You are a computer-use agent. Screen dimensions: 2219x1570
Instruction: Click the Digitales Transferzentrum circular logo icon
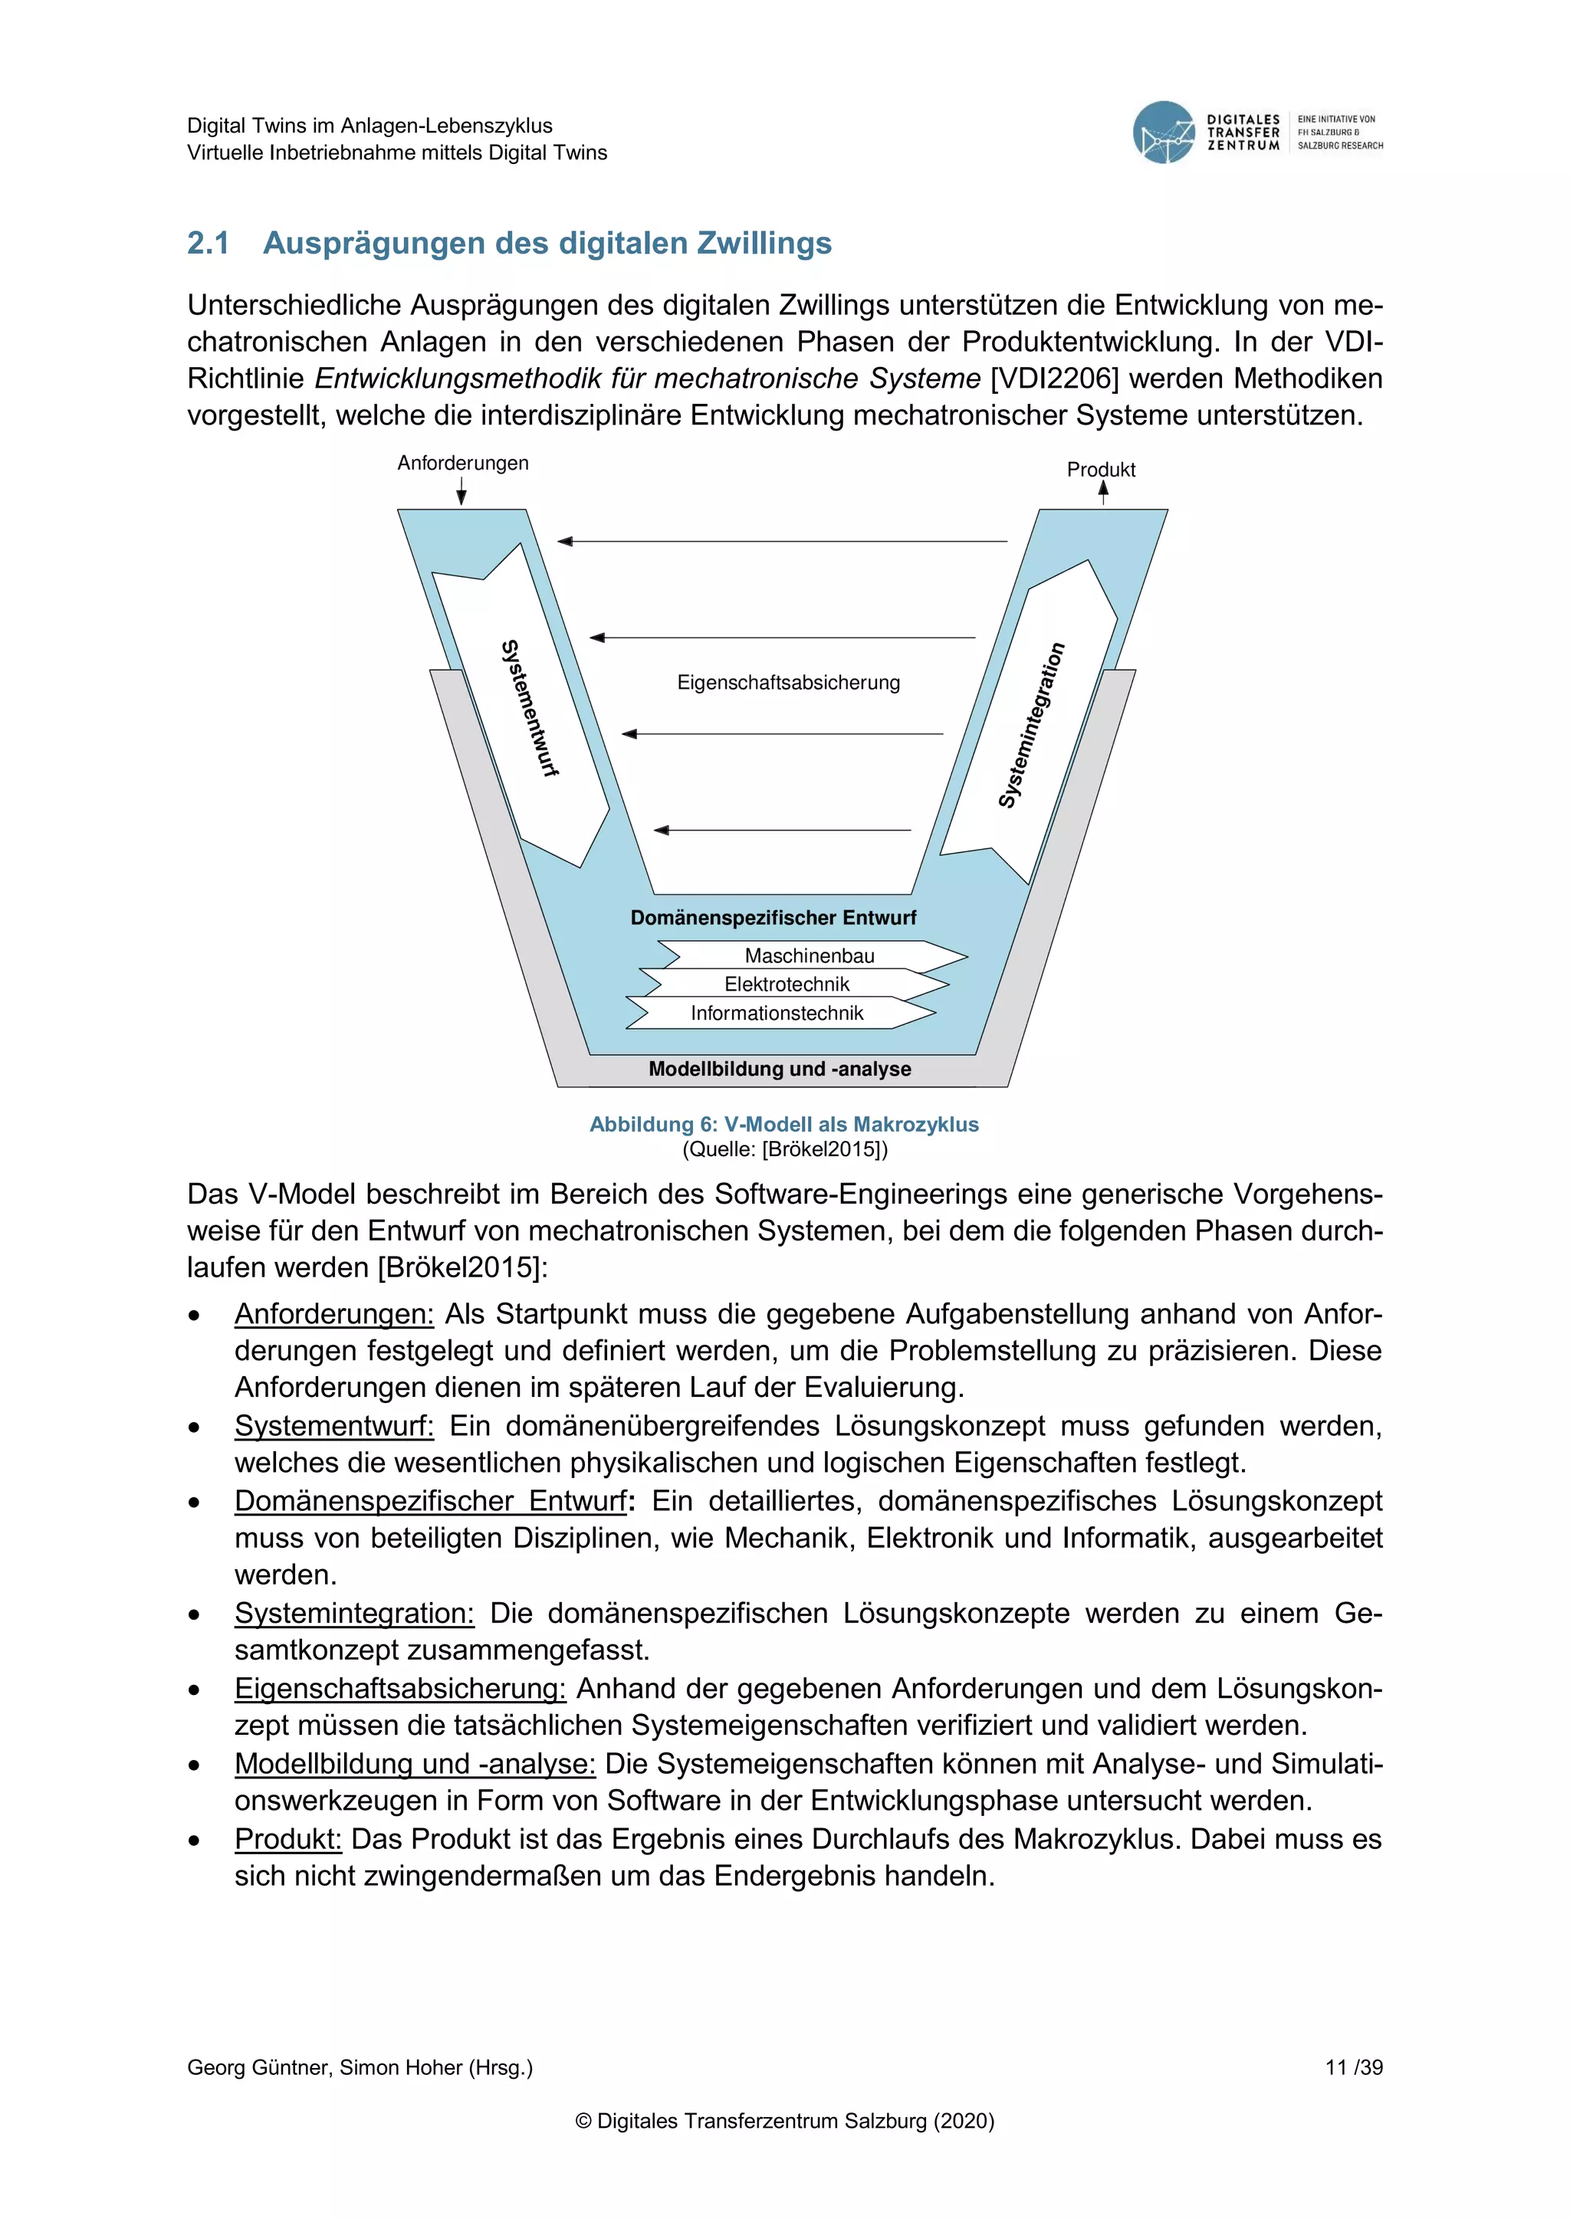pyautogui.click(x=1164, y=133)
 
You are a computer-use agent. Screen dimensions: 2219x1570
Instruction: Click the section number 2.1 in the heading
pyautogui.click(x=208, y=244)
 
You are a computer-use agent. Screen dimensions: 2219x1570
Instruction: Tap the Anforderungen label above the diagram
pyautogui.click(x=463, y=463)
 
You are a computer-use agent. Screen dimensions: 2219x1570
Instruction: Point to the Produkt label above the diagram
pyautogui.click(x=1100, y=470)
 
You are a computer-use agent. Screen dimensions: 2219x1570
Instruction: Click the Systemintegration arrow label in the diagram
pyautogui.click(x=1032, y=725)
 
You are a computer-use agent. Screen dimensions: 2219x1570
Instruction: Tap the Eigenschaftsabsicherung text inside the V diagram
pyautogui.click(x=788, y=682)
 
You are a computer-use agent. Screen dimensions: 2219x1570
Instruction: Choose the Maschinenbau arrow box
pyautogui.click(x=810, y=955)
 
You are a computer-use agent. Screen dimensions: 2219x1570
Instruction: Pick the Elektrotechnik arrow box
pyautogui.click(x=787, y=984)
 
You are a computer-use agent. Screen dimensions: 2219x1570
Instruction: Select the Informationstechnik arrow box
pyautogui.click(x=777, y=1013)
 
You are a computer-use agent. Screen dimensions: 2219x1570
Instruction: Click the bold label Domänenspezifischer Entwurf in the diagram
pyautogui.click(x=774, y=917)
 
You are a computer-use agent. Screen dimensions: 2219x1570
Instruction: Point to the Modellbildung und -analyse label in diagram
pyautogui.click(x=780, y=1069)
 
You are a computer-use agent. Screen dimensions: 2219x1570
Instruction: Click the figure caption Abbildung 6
pyautogui.click(x=784, y=1124)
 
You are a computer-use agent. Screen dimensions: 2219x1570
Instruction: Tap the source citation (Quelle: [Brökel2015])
pyautogui.click(x=784, y=1149)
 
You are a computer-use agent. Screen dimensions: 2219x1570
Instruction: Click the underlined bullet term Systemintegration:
pyautogui.click(x=354, y=1613)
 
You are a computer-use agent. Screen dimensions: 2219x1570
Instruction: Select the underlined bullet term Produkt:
pyautogui.click(x=288, y=1839)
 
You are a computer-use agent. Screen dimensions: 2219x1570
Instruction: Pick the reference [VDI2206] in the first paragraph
pyautogui.click(x=1054, y=379)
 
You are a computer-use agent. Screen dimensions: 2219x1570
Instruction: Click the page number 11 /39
pyautogui.click(x=1354, y=2067)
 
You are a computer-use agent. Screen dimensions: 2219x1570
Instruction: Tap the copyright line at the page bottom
pyautogui.click(x=784, y=2122)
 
